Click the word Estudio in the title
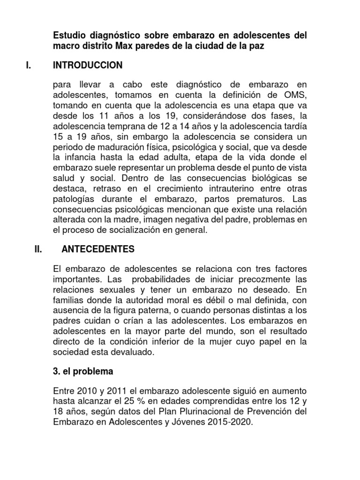click(70, 35)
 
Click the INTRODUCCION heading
click(88, 65)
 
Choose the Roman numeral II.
click(39, 249)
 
